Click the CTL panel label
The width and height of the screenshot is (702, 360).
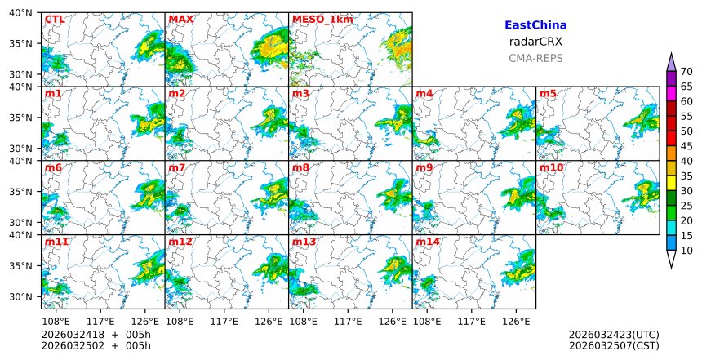[x=54, y=19]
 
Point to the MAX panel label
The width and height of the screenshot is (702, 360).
[x=180, y=19]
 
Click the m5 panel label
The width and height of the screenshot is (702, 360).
[x=548, y=94]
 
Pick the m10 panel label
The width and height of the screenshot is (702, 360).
[x=551, y=168]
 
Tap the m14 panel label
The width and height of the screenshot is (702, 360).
[x=428, y=242]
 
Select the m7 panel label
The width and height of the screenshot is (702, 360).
[x=177, y=168]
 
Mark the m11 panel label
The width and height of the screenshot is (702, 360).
[x=56, y=242]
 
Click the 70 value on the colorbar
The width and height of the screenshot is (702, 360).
[x=686, y=72]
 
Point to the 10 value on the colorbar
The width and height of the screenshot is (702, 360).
[x=686, y=251]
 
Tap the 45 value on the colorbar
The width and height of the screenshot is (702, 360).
[x=686, y=146]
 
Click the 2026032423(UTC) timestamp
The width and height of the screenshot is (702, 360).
[x=614, y=335]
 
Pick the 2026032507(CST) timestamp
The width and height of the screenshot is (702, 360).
[x=614, y=346]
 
